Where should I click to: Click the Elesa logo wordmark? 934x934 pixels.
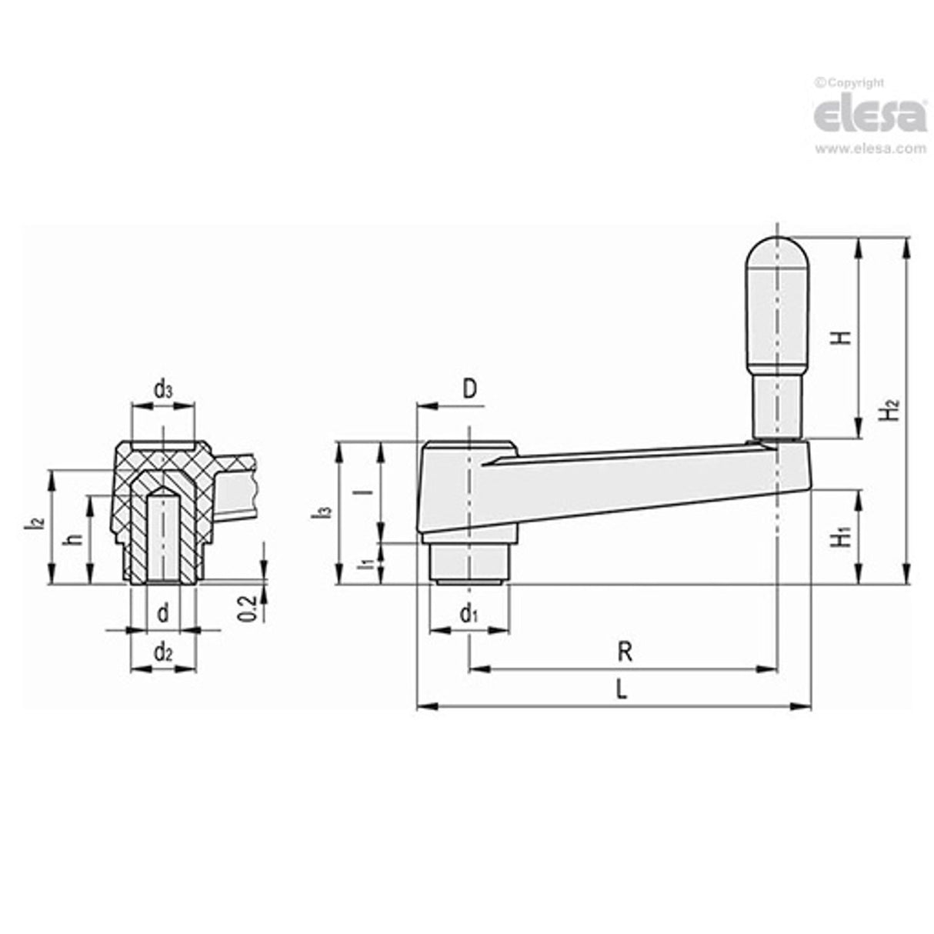coord(870,116)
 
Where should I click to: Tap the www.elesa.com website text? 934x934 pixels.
coord(870,149)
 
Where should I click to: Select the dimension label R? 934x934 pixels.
coord(625,652)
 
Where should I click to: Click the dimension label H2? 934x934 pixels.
coord(889,409)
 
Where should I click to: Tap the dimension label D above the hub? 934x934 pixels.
coord(470,389)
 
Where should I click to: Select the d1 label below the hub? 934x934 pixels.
coord(469,614)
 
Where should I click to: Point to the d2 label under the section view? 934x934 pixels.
coord(162,653)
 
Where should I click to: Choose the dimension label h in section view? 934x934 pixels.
coord(74,539)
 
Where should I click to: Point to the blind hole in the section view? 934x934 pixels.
coord(162,539)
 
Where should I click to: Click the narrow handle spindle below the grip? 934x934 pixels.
coord(777,405)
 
